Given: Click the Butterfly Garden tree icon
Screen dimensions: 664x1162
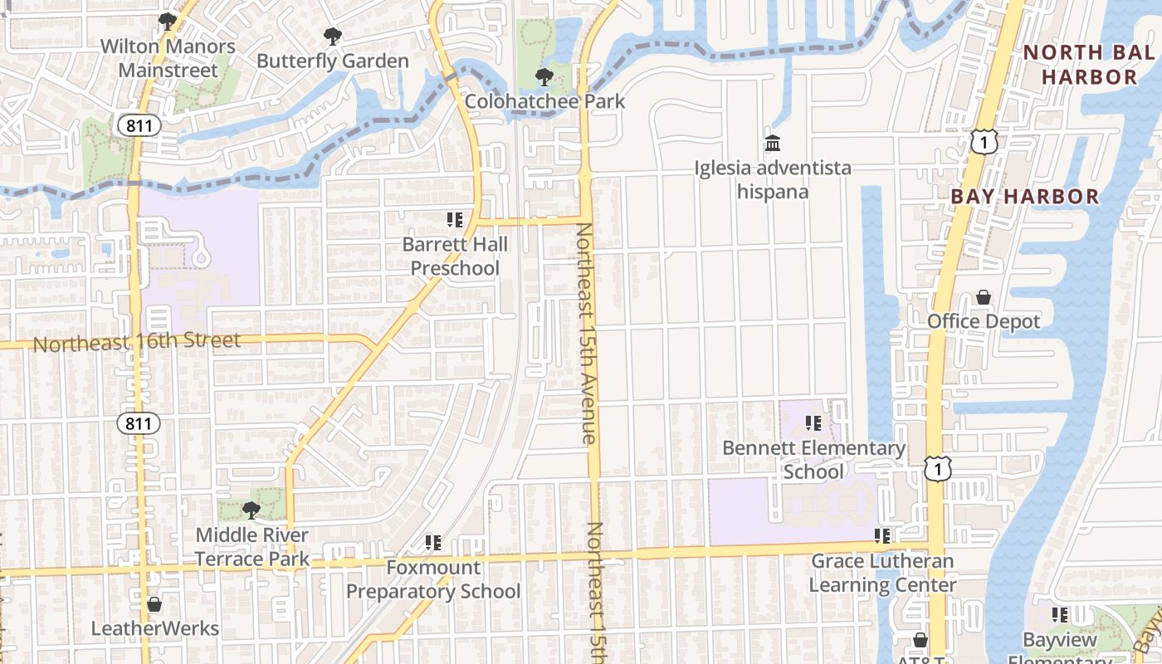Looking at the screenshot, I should tap(333, 37).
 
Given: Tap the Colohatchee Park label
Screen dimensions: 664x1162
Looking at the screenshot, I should tap(544, 102).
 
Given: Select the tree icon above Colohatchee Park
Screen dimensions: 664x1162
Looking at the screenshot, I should tap(544, 77).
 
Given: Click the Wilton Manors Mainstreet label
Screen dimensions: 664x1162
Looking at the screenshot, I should tap(168, 58).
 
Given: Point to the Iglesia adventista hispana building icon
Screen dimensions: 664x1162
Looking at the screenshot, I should tap(773, 144).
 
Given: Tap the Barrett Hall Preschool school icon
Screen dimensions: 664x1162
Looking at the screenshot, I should tap(455, 220).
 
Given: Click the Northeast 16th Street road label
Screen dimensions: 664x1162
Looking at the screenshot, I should tap(137, 341).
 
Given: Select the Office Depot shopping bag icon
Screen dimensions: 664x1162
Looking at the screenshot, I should tap(984, 297).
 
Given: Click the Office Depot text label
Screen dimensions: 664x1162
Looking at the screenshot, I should tap(984, 321).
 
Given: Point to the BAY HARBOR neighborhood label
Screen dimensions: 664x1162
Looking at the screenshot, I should tap(1024, 197).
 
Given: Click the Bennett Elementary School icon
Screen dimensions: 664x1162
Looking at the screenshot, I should tap(813, 423).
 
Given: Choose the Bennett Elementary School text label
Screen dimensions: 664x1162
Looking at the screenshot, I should tap(813, 460).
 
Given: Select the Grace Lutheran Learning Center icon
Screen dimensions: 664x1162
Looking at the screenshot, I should tap(882, 536).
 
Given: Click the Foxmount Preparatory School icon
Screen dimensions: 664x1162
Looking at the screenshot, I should tap(433, 543).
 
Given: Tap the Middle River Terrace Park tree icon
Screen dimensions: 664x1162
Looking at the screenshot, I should tap(251, 510).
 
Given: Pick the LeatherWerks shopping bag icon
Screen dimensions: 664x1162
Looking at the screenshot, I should tap(154, 604).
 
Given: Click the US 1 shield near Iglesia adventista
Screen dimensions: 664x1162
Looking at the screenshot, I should tap(983, 143).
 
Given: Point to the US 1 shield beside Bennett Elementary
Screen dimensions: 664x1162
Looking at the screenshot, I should tap(938, 470).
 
